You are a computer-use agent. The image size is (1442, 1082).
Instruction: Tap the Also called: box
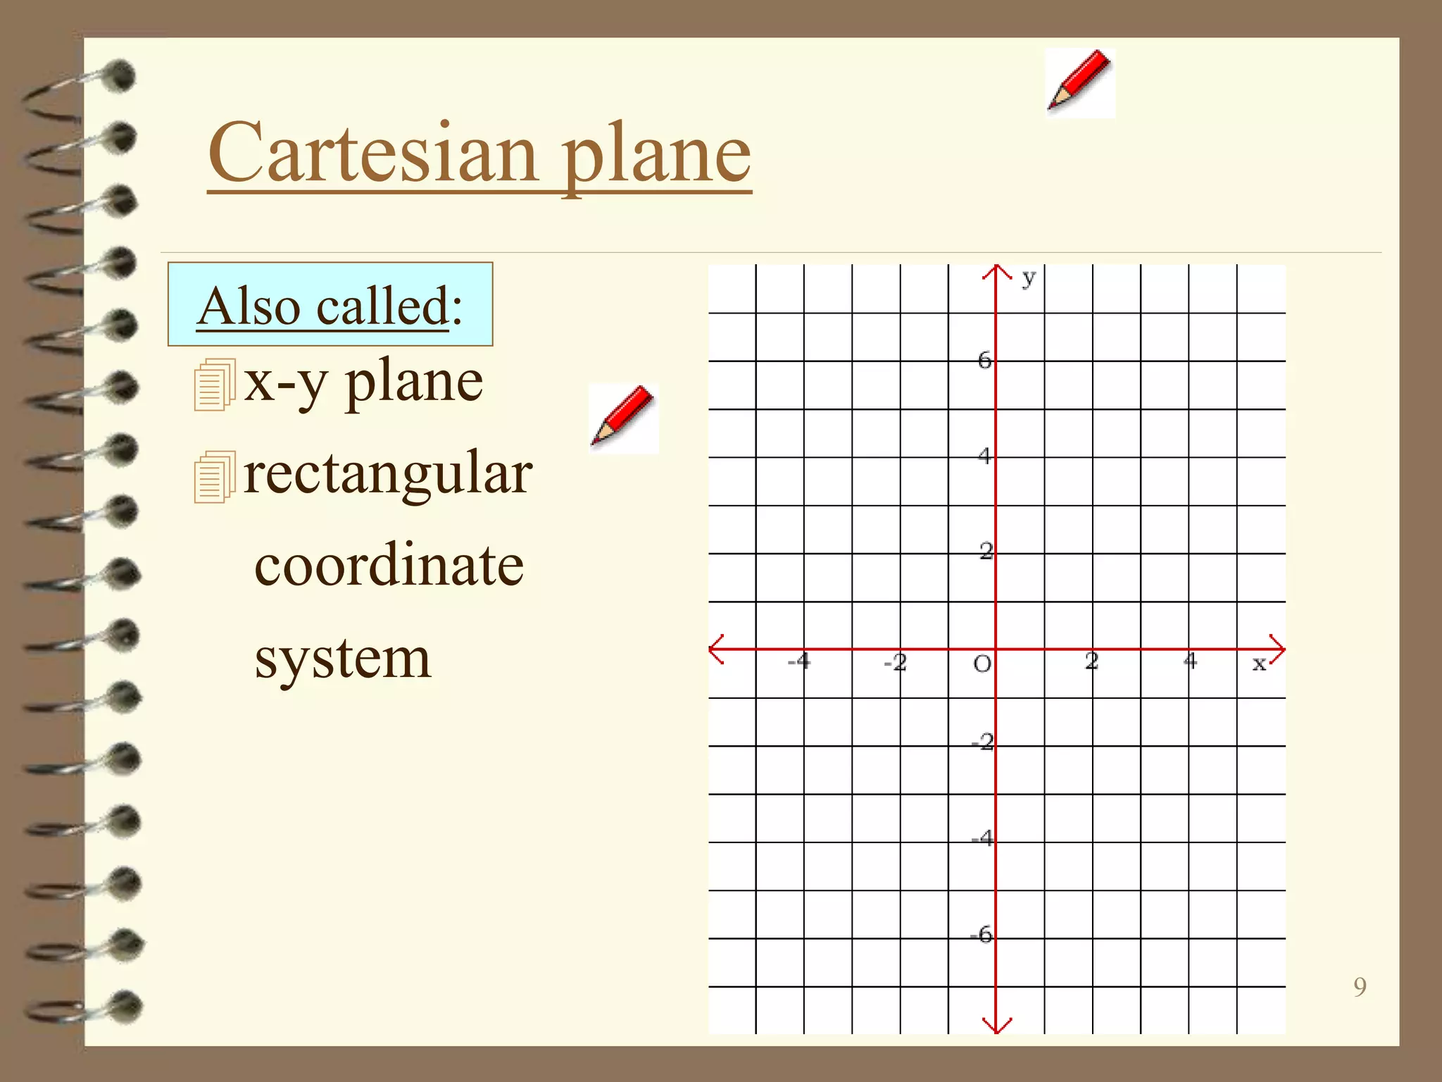click(x=330, y=304)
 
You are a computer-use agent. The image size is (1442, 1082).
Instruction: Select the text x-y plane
click(x=363, y=382)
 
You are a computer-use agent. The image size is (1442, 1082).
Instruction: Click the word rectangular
click(x=388, y=473)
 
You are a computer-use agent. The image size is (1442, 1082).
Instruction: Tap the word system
click(x=342, y=659)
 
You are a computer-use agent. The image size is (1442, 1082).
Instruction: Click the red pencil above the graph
click(x=1079, y=82)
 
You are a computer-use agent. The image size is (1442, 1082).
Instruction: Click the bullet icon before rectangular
click(x=214, y=477)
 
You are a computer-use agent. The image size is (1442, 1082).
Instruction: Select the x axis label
click(x=1258, y=663)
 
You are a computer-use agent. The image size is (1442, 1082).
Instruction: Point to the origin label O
click(x=982, y=664)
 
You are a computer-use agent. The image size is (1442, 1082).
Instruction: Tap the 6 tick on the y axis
click(x=984, y=361)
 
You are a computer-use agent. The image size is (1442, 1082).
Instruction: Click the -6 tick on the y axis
click(x=982, y=935)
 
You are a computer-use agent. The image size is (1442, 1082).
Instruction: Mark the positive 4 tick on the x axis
click(x=1190, y=661)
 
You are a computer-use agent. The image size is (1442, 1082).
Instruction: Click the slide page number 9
click(x=1360, y=987)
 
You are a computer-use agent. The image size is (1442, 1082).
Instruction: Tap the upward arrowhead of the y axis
click(x=996, y=270)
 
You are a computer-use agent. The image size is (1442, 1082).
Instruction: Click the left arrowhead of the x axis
click(x=716, y=649)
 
